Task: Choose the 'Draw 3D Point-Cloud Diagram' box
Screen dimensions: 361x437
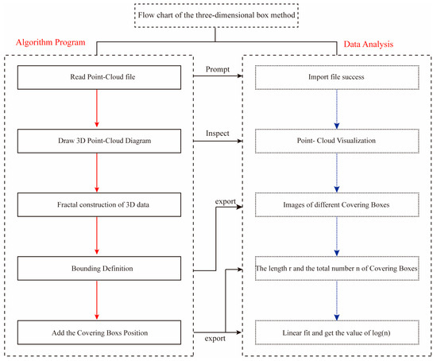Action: [x=98, y=142]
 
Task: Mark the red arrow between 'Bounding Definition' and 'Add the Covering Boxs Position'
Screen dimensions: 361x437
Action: [x=98, y=301]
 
